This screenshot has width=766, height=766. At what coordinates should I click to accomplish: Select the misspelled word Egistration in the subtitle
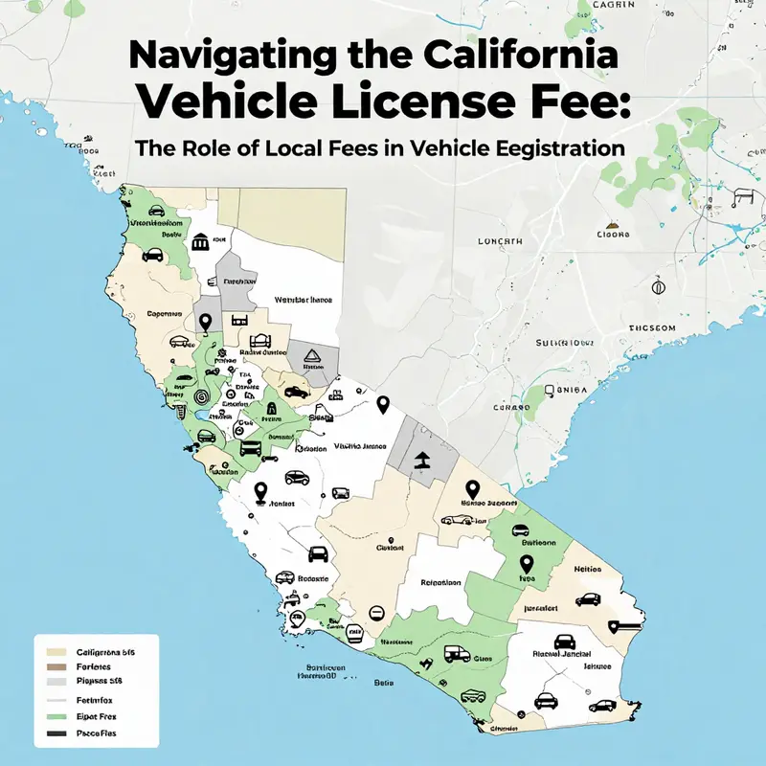click(x=542, y=149)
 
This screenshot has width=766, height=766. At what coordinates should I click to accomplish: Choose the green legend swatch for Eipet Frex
click(x=50, y=716)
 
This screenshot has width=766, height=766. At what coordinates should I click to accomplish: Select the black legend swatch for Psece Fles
click(x=50, y=733)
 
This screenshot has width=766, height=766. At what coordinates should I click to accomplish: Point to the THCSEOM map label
click(x=650, y=327)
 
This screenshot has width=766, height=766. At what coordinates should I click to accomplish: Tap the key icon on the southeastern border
click(x=622, y=627)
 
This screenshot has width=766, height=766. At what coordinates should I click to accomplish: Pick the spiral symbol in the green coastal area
click(x=200, y=396)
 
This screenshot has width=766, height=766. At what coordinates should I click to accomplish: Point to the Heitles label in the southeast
click(x=586, y=569)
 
